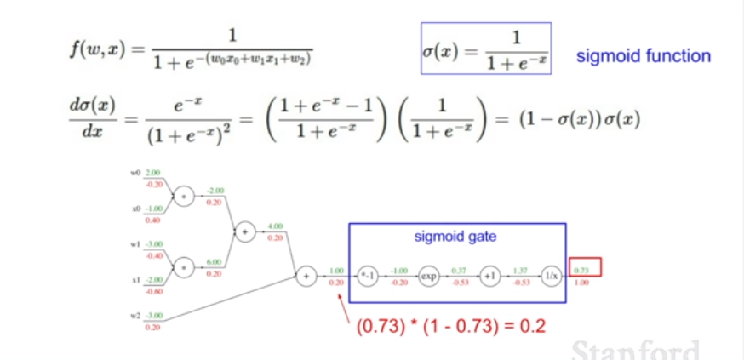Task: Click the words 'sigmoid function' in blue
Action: [643, 57]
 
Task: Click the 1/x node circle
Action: [551, 276]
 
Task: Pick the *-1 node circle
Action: [367, 276]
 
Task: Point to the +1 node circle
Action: [489, 276]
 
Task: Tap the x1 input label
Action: [134, 280]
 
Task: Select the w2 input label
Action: [134, 316]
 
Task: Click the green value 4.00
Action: [275, 226]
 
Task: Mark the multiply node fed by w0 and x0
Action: [182, 197]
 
